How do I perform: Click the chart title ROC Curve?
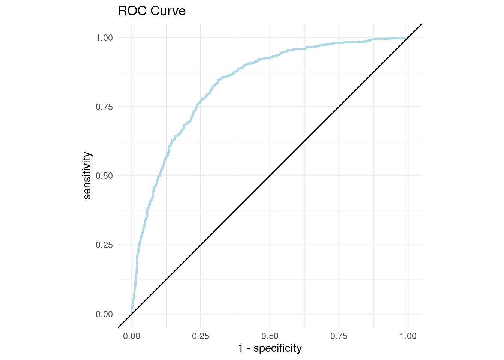(x=151, y=11)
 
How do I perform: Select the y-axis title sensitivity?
(x=87, y=175)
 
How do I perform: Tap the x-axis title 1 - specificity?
(x=270, y=348)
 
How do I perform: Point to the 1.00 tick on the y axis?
(x=104, y=38)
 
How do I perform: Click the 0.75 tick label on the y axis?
(x=104, y=107)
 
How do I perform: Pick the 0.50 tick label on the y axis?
(x=104, y=176)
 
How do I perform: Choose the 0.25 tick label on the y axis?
(x=104, y=245)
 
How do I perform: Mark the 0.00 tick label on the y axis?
(x=104, y=314)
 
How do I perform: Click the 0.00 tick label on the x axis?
(x=132, y=336)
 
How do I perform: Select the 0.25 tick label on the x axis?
(x=201, y=336)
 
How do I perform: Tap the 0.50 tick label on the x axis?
(x=270, y=336)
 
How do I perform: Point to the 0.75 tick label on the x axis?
(x=339, y=336)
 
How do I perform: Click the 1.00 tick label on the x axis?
(x=408, y=336)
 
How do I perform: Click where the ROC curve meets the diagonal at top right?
(x=408, y=37)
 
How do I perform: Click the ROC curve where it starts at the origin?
(x=132, y=313)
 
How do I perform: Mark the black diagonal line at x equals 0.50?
(x=270, y=176)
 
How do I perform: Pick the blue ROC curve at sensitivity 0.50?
(x=159, y=176)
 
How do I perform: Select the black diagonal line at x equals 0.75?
(x=339, y=106)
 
